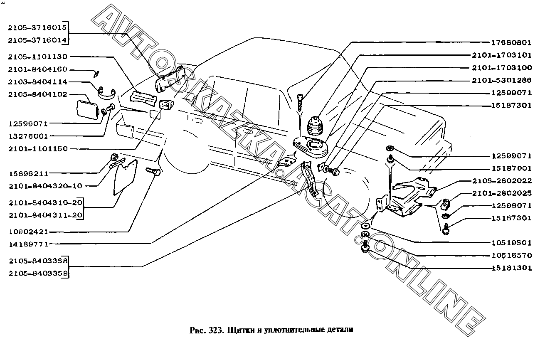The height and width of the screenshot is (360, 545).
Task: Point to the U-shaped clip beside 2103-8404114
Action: coord(107,93)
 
